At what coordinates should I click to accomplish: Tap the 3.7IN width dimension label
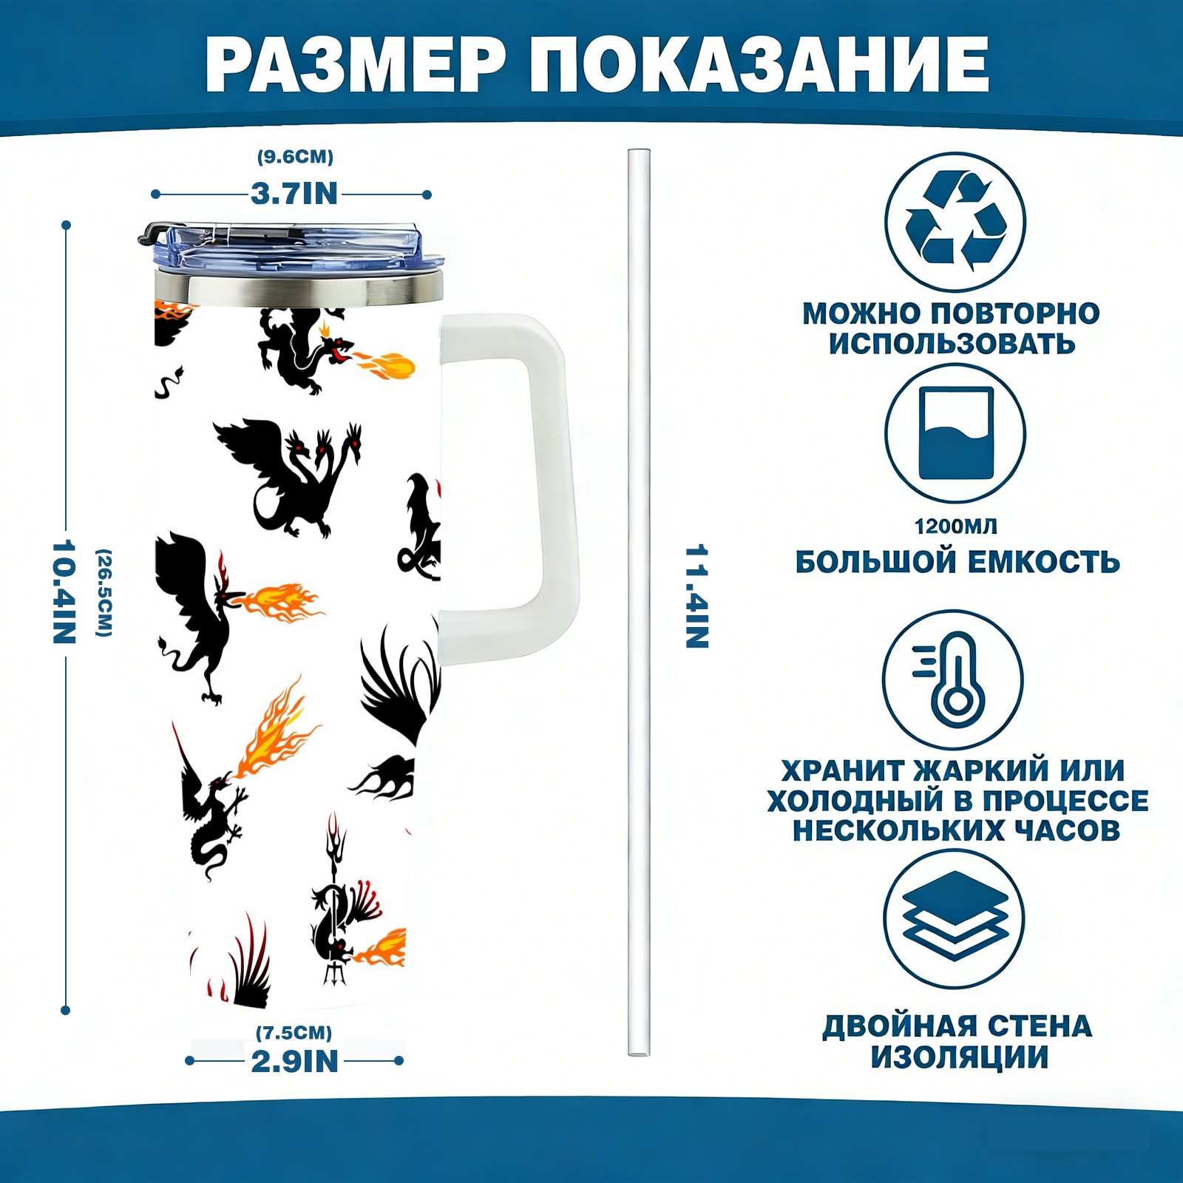tap(294, 194)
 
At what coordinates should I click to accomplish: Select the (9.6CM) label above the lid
tap(295, 157)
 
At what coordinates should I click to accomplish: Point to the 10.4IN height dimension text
tap(64, 591)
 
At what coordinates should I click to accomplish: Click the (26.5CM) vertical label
tap(104, 592)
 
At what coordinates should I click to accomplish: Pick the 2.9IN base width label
tap(294, 1062)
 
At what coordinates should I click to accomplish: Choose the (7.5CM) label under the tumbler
tap(294, 1032)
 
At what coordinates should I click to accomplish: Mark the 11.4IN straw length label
tap(697, 597)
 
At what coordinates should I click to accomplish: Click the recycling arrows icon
tap(955, 221)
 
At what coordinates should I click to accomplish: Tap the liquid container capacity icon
tap(955, 433)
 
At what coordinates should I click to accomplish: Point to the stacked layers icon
tap(955, 918)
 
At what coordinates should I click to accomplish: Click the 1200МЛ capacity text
tap(955, 526)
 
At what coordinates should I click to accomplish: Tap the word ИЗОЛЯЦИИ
tap(959, 1057)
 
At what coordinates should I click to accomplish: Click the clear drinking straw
tap(639, 591)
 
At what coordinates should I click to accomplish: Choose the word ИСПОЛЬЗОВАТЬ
tap(952, 344)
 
